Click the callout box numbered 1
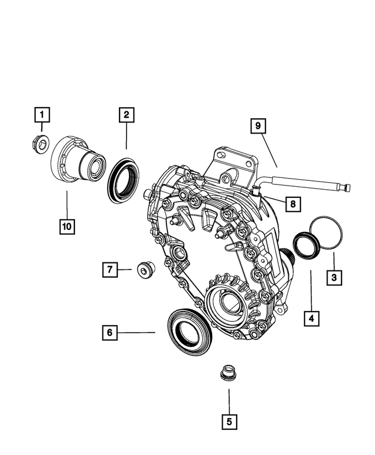click(42, 114)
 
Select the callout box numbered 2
click(125, 115)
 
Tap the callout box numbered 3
click(333, 276)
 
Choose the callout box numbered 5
click(229, 420)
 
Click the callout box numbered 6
click(109, 333)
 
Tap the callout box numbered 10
click(67, 225)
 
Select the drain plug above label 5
click(226, 373)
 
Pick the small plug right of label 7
click(143, 270)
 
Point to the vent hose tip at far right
click(348, 187)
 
